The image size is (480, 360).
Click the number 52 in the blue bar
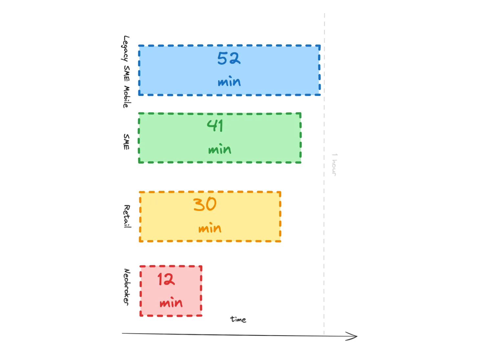229,58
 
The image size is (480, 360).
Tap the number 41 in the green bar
215,125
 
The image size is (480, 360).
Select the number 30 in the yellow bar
205,204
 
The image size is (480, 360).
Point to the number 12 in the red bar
166,280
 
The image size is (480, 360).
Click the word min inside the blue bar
229,81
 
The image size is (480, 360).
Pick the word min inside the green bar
219,149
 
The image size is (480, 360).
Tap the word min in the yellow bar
210,228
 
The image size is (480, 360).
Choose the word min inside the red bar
171,303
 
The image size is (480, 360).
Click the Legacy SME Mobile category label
126,72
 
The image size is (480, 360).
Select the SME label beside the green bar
126,142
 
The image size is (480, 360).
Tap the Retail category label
127,216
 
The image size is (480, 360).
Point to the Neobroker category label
127,287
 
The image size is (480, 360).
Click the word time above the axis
238,319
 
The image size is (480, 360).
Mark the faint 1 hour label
334,165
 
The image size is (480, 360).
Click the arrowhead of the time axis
354,336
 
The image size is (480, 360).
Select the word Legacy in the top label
126,48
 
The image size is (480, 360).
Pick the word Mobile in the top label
126,97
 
